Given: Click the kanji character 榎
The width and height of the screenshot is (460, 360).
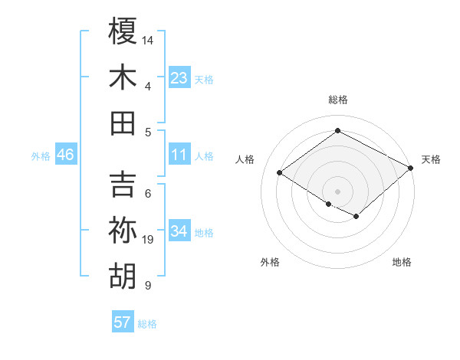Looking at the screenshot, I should [x=123, y=31].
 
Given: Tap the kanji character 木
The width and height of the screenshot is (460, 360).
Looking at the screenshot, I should [x=123, y=77].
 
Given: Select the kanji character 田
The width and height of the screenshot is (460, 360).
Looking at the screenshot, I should [x=123, y=123].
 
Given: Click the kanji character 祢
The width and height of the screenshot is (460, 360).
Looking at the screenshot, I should [x=123, y=231].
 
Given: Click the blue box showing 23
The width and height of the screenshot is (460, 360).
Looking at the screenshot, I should [x=179, y=77].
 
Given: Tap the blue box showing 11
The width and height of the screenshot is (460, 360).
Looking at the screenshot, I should [x=179, y=155].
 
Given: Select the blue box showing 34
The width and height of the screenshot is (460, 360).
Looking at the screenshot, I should [x=179, y=231].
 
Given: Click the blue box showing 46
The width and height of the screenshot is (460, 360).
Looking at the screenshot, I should [x=66, y=155].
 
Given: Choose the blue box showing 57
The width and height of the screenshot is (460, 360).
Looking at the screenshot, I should [x=123, y=322].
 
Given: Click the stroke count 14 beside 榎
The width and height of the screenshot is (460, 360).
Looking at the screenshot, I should [x=148, y=39].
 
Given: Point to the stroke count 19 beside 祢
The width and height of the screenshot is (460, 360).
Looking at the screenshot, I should [x=148, y=240].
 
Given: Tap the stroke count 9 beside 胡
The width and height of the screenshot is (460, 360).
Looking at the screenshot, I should [x=147, y=286].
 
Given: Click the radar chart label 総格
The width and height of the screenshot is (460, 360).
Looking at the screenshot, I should [x=337, y=100].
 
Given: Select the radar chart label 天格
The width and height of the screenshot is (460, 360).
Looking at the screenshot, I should [x=432, y=159].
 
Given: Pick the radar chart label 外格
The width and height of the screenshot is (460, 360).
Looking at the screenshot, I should [x=270, y=262].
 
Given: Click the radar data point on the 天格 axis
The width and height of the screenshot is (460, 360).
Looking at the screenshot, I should [x=411, y=169].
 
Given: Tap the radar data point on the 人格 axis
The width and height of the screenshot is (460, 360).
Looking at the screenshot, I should [x=280, y=173].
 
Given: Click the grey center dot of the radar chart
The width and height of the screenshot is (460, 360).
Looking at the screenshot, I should [x=337, y=190].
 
